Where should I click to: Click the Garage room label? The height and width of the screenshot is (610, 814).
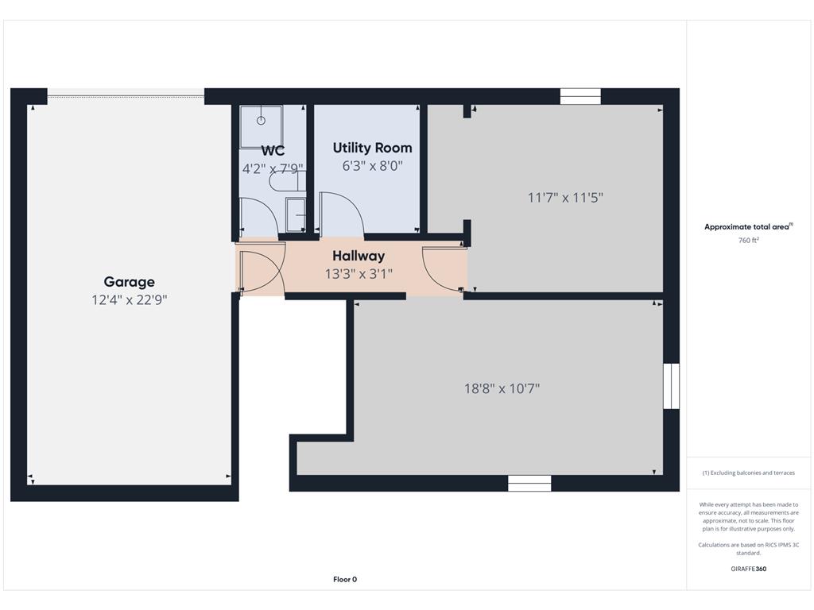tap(130, 282)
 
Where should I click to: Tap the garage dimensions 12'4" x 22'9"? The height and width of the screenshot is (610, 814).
tap(130, 299)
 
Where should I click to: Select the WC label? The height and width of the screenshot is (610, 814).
tap(273, 150)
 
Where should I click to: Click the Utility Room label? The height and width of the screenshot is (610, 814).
tap(372, 148)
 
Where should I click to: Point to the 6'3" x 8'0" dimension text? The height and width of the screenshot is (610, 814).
tap(372, 166)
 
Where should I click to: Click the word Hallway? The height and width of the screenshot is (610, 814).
tap(359, 256)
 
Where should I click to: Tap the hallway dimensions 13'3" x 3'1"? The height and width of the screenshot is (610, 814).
tap(359, 274)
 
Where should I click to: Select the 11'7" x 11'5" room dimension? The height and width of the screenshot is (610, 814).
tap(565, 198)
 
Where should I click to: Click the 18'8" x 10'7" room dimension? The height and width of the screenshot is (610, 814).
tap(502, 388)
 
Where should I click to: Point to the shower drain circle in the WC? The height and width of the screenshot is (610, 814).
tap(261, 121)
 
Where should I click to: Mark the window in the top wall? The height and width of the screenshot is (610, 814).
tap(580, 96)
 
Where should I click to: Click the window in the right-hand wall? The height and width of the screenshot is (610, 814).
tap(671, 386)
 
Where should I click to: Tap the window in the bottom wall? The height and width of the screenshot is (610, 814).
tap(529, 484)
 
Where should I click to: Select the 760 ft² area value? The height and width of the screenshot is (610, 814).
tap(749, 240)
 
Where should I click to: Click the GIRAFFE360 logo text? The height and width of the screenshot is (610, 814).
tap(749, 569)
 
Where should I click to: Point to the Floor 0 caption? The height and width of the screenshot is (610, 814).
tap(345, 579)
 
